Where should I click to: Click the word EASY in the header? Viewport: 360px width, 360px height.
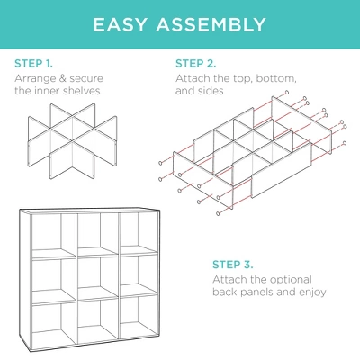coord(125,22)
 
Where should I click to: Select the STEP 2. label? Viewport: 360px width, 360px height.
coord(195,64)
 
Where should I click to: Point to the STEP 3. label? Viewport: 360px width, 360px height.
coord(233,265)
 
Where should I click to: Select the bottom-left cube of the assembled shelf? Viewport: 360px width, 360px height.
coord(55,328)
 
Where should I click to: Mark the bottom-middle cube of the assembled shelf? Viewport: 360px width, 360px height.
coord(98,328)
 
